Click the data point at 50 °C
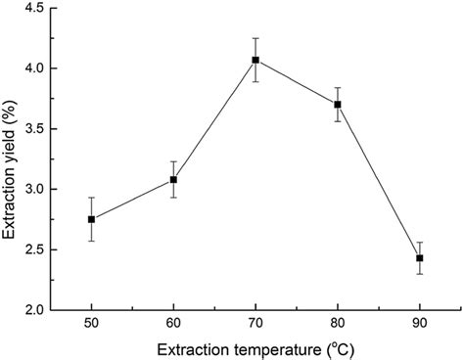click(91, 219)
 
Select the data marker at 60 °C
click(173, 179)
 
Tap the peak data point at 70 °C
click(255, 60)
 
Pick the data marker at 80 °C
click(338, 104)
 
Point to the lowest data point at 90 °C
click(420, 258)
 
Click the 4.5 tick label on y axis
click(32, 9)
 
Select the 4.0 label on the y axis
click(32, 68)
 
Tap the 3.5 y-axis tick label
click(32, 129)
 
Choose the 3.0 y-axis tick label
click(32, 189)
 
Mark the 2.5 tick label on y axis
click(32, 249)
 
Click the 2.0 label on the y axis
click(32, 309)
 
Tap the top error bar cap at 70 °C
click(255, 38)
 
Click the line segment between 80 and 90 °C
click(379, 181)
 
